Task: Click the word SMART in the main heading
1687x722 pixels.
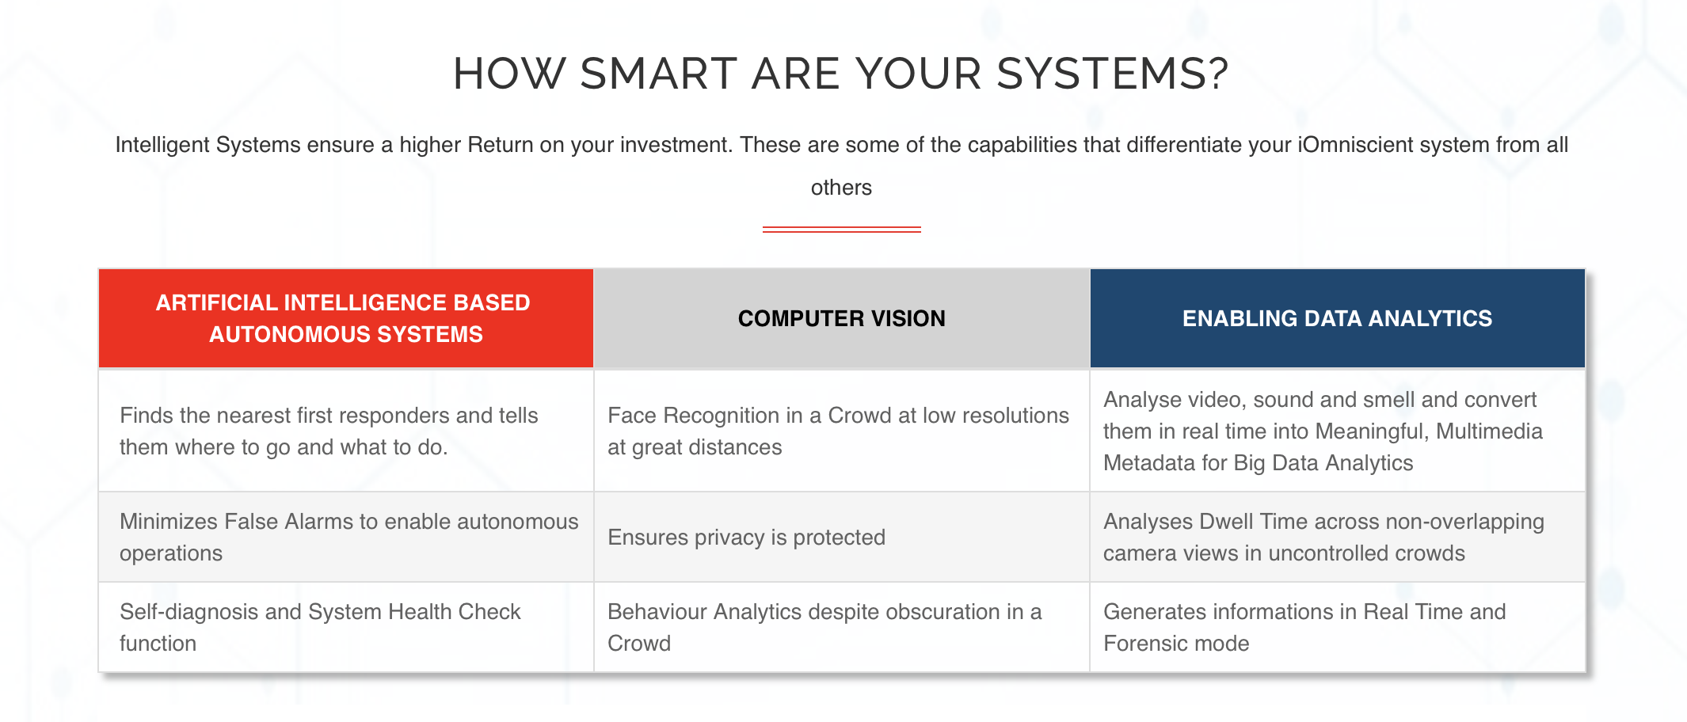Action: (x=659, y=74)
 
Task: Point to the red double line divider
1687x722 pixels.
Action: (x=841, y=230)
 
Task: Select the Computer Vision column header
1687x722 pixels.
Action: (x=842, y=318)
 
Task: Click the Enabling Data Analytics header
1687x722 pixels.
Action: (x=1338, y=318)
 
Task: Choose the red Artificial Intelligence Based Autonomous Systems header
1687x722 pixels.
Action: (x=346, y=318)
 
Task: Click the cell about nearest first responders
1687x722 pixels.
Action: (x=346, y=431)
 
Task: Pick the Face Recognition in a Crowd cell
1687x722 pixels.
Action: (x=842, y=431)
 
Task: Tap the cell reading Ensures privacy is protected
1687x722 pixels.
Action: (x=842, y=537)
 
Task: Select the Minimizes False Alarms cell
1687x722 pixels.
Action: (x=346, y=537)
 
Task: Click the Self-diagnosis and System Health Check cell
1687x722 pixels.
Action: (x=346, y=627)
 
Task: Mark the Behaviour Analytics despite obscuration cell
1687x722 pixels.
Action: (x=842, y=627)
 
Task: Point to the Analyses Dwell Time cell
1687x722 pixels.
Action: (x=1338, y=537)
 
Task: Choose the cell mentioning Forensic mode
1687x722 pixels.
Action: (x=1338, y=627)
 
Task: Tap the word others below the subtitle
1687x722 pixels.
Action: (x=841, y=188)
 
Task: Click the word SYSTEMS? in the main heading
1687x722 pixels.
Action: (x=1112, y=74)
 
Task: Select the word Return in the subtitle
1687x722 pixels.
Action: (x=501, y=145)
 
